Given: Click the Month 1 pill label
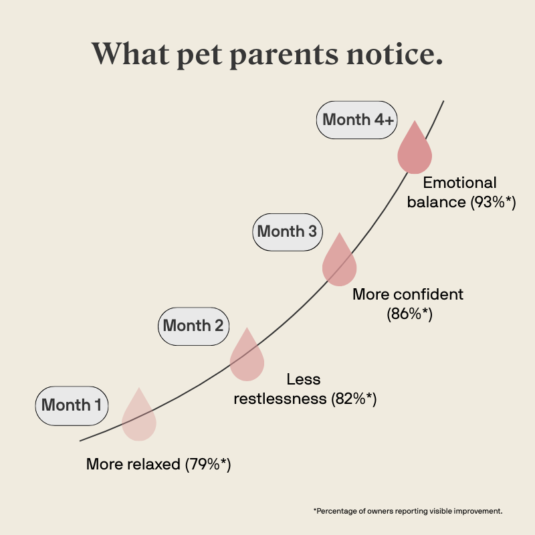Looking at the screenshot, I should pyautogui.click(x=72, y=405).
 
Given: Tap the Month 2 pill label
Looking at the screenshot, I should pyautogui.click(x=193, y=326).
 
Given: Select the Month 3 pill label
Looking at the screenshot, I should pyautogui.click(x=287, y=232).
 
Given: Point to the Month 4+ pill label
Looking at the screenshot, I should pyautogui.click(x=356, y=120).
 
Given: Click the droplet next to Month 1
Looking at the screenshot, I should pyautogui.click(x=139, y=417).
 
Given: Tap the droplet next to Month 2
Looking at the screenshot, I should pyautogui.click(x=247, y=358).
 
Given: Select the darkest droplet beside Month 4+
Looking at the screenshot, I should pyautogui.click(x=415, y=150).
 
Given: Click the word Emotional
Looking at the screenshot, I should pyautogui.click(x=459, y=183).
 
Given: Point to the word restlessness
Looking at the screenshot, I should pyautogui.click(x=280, y=399).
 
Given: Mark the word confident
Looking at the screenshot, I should pyautogui.click(x=429, y=294).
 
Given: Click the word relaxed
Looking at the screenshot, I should pyautogui.click(x=155, y=464).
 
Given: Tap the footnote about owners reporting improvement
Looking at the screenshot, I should pyautogui.click(x=407, y=511).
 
